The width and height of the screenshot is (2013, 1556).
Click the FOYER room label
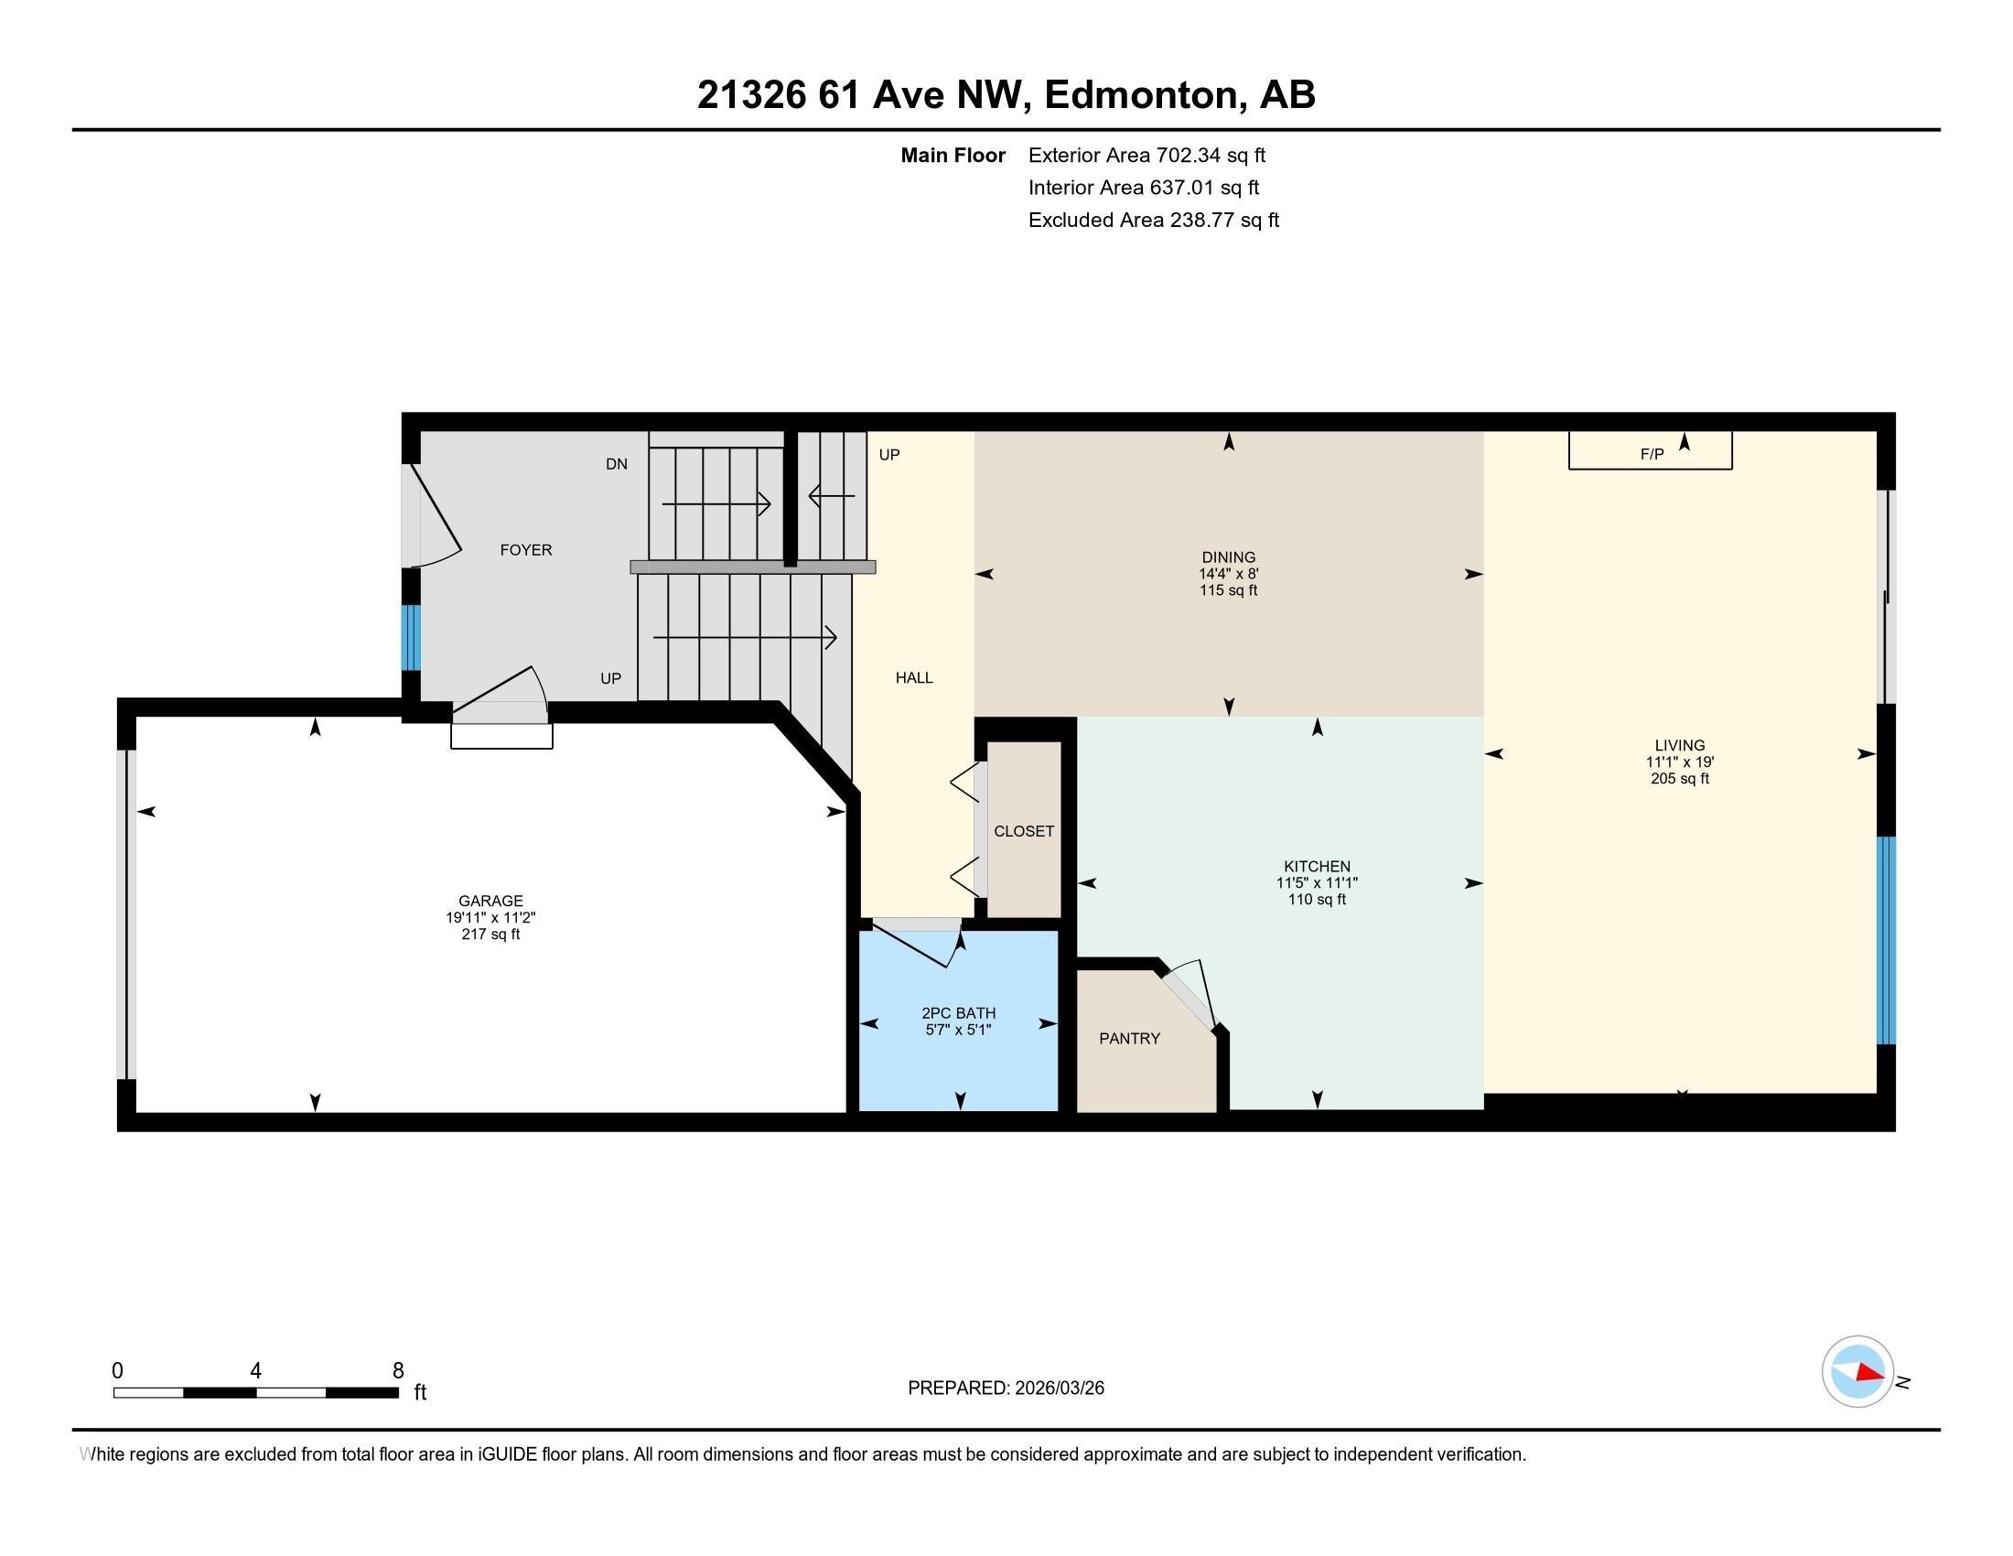(x=525, y=550)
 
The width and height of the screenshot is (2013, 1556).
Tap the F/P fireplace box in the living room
(x=1650, y=451)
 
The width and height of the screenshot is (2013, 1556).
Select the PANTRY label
(x=1129, y=1039)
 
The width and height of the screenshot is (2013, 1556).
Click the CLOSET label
(x=1023, y=831)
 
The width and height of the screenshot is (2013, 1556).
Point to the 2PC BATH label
(x=959, y=1013)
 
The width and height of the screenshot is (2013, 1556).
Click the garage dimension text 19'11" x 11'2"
(x=490, y=918)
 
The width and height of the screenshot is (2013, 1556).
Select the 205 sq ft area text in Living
(x=1679, y=779)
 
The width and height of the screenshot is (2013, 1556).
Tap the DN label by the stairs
(x=617, y=464)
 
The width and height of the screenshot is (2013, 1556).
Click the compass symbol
(x=1857, y=1371)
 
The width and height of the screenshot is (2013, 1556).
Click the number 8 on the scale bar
(x=398, y=1371)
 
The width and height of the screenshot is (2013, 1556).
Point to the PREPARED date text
(x=1006, y=1389)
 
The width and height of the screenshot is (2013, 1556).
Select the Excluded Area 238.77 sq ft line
(x=1153, y=221)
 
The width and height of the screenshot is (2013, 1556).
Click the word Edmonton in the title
(x=1140, y=95)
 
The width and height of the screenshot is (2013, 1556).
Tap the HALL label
(x=913, y=678)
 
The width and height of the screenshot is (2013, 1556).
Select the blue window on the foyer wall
(x=411, y=637)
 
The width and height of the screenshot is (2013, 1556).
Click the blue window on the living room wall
(x=1886, y=940)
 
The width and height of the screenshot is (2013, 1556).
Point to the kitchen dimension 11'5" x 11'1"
(x=1316, y=883)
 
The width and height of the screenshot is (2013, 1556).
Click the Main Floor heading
(x=953, y=156)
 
